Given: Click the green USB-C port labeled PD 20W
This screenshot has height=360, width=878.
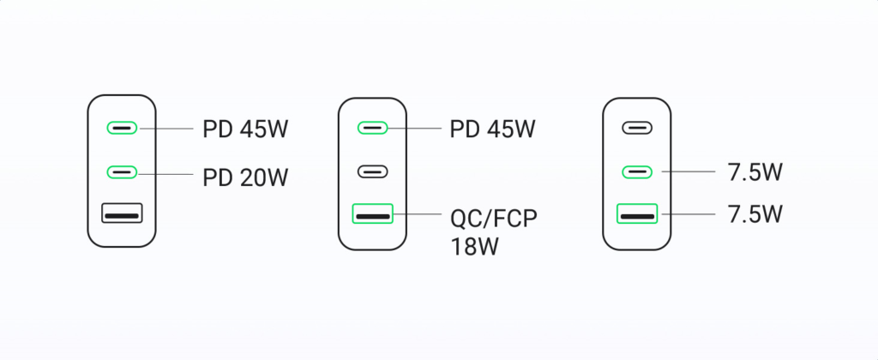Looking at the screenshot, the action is (x=122, y=172).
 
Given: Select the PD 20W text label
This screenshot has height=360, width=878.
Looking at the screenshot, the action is (x=245, y=178).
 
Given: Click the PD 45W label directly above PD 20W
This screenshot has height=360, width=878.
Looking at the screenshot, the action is (x=245, y=129).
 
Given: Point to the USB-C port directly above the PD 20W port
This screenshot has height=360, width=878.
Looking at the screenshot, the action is (x=122, y=129).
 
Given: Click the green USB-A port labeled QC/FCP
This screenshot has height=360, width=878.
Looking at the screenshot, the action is (x=372, y=213).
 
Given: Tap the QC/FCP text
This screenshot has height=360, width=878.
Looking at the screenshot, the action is (x=493, y=219).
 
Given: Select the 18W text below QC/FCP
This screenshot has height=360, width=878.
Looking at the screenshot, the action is (x=473, y=246).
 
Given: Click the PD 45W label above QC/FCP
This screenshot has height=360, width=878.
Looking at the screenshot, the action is (x=493, y=129).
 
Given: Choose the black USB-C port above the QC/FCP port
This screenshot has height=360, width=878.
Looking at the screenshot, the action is (x=372, y=172).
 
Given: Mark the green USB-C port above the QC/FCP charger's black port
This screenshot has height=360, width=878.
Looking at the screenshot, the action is (x=372, y=129).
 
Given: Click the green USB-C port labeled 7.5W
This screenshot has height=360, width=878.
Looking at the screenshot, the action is (x=637, y=172).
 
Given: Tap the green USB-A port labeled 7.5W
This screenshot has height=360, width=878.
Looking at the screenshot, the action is (x=637, y=213).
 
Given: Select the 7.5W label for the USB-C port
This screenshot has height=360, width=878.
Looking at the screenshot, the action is (x=755, y=173).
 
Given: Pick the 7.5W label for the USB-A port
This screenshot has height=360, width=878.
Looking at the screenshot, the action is (x=755, y=214).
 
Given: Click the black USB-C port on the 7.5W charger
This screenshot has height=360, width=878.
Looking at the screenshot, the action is (x=637, y=129).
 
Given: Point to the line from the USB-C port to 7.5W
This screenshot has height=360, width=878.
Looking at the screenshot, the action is (x=689, y=171).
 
